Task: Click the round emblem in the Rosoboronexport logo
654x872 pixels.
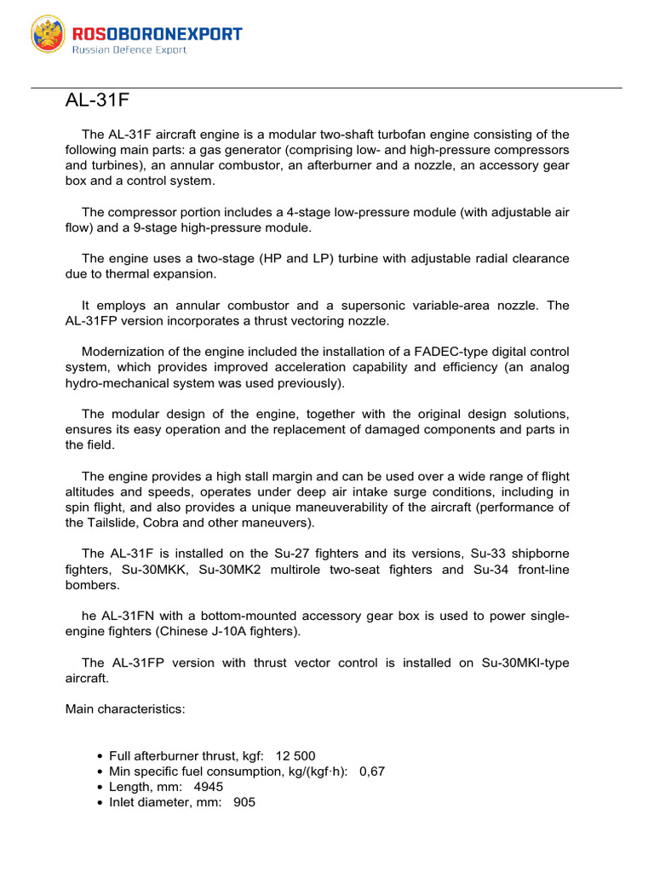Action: [x=48, y=34]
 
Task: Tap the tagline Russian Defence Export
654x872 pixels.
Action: [x=129, y=50]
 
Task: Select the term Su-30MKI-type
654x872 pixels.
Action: [x=520, y=663]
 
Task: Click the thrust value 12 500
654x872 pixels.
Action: [x=296, y=756]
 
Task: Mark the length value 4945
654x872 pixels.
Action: [x=209, y=787]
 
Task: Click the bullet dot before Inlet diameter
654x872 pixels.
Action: [x=101, y=803]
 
